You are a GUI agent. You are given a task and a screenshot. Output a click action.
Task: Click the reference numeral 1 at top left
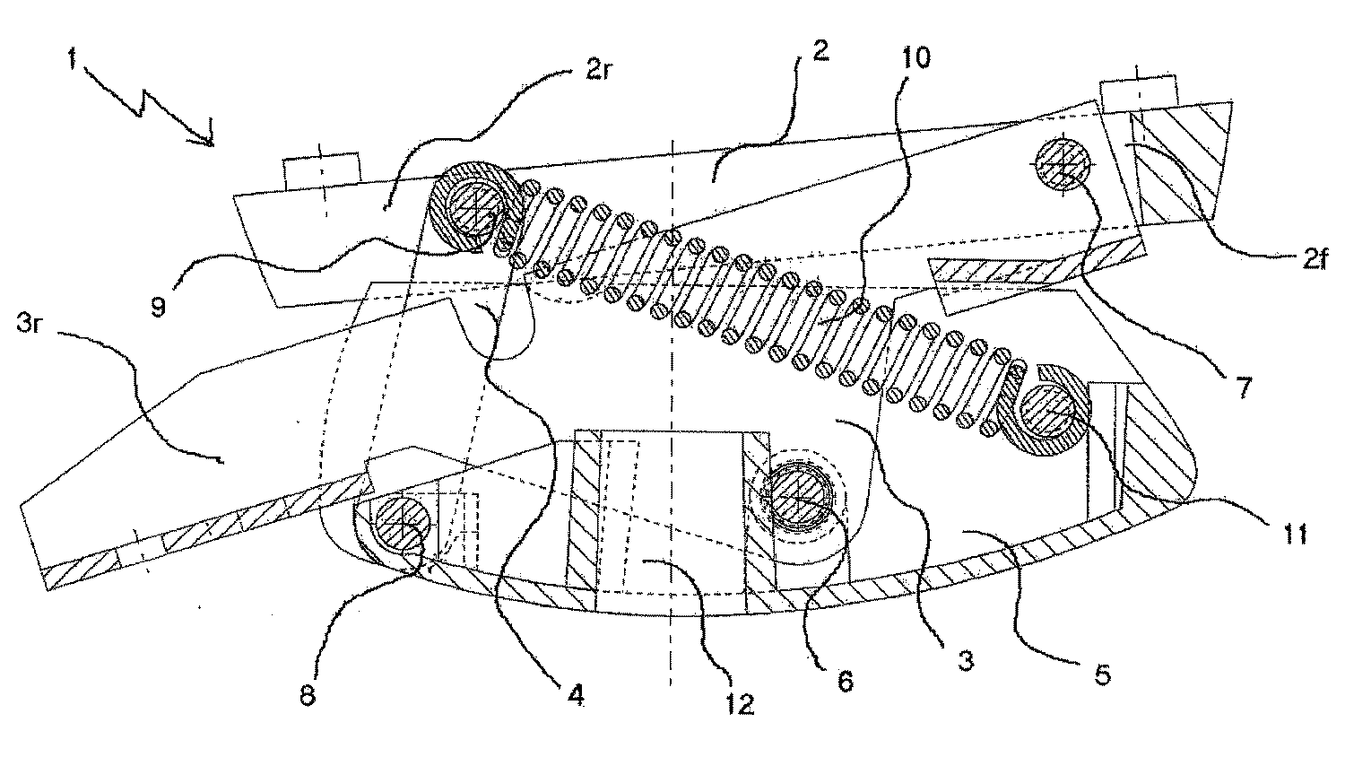[73, 59]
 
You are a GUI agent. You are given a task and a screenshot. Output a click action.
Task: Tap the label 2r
[599, 71]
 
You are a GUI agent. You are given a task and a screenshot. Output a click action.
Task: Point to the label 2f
[1315, 259]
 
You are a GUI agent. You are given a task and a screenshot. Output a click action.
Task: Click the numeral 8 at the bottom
[308, 696]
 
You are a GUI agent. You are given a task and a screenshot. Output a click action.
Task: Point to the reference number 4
[576, 696]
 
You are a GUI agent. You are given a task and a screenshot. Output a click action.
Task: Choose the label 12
[740, 705]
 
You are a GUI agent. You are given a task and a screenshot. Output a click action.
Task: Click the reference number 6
[845, 682]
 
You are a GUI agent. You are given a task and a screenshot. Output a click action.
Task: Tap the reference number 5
[1102, 674]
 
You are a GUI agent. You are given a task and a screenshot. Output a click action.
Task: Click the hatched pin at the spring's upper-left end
[473, 208]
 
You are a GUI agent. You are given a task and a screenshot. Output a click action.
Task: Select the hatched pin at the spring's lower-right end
[1050, 413]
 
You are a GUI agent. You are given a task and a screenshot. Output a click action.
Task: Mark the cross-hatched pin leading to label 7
[1063, 163]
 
